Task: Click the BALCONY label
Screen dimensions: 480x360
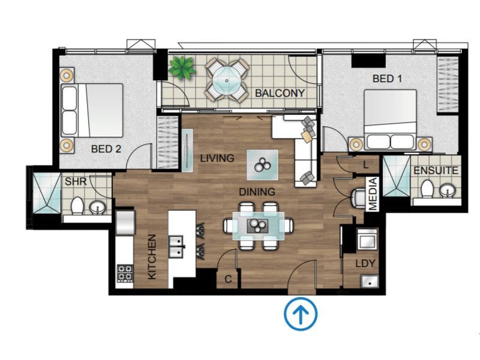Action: click(280, 93)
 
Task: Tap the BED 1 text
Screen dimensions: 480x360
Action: click(387, 79)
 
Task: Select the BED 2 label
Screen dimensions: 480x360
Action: click(106, 149)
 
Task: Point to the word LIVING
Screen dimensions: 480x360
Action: click(217, 158)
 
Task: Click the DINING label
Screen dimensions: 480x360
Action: click(257, 192)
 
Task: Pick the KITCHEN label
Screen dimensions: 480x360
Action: click(152, 257)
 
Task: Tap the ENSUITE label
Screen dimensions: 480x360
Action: click(436, 170)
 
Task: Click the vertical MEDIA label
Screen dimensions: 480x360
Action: click(373, 194)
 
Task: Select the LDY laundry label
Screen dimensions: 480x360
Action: click(365, 263)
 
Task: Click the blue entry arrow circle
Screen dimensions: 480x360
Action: click(301, 314)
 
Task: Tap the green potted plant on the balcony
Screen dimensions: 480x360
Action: click(182, 68)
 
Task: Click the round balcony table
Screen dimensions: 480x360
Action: click(227, 81)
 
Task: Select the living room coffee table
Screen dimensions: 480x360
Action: click(263, 165)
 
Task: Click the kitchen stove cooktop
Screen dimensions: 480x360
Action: click(125, 273)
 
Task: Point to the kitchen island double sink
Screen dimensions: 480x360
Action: click(176, 247)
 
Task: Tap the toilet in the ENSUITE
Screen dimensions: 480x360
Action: click(427, 189)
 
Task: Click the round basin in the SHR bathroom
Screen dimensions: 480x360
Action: click(97, 208)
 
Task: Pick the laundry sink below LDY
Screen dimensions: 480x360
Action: click(370, 281)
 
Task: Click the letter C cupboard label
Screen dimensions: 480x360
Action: click(228, 279)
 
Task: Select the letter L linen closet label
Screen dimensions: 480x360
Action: click(366, 165)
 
